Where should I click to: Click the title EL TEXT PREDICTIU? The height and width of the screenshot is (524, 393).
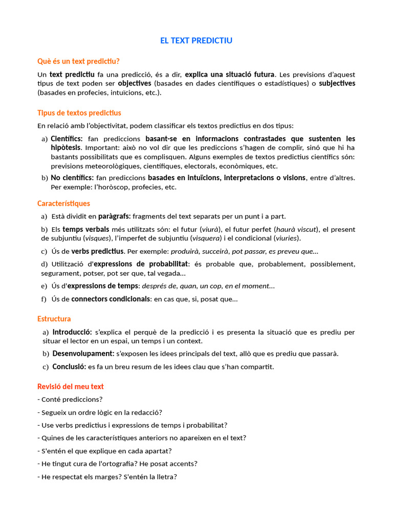(196, 40)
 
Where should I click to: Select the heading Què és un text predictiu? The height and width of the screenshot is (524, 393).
(78, 61)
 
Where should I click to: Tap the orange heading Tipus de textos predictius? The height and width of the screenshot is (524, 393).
(79, 113)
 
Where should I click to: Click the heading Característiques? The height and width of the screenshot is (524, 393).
(63, 203)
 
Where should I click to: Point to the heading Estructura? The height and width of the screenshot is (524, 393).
(54, 319)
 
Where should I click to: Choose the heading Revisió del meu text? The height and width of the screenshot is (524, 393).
(71, 386)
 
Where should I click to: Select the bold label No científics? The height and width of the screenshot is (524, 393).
(72, 178)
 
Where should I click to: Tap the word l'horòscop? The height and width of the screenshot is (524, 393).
(107, 187)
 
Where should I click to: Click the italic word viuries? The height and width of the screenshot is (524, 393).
(287, 238)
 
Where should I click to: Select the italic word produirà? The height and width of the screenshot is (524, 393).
(185, 251)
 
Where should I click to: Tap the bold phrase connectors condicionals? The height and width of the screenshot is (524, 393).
(111, 299)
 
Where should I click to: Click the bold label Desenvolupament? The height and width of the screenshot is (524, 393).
(83, 354)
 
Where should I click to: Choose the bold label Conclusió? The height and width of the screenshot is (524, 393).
(69, 366)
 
